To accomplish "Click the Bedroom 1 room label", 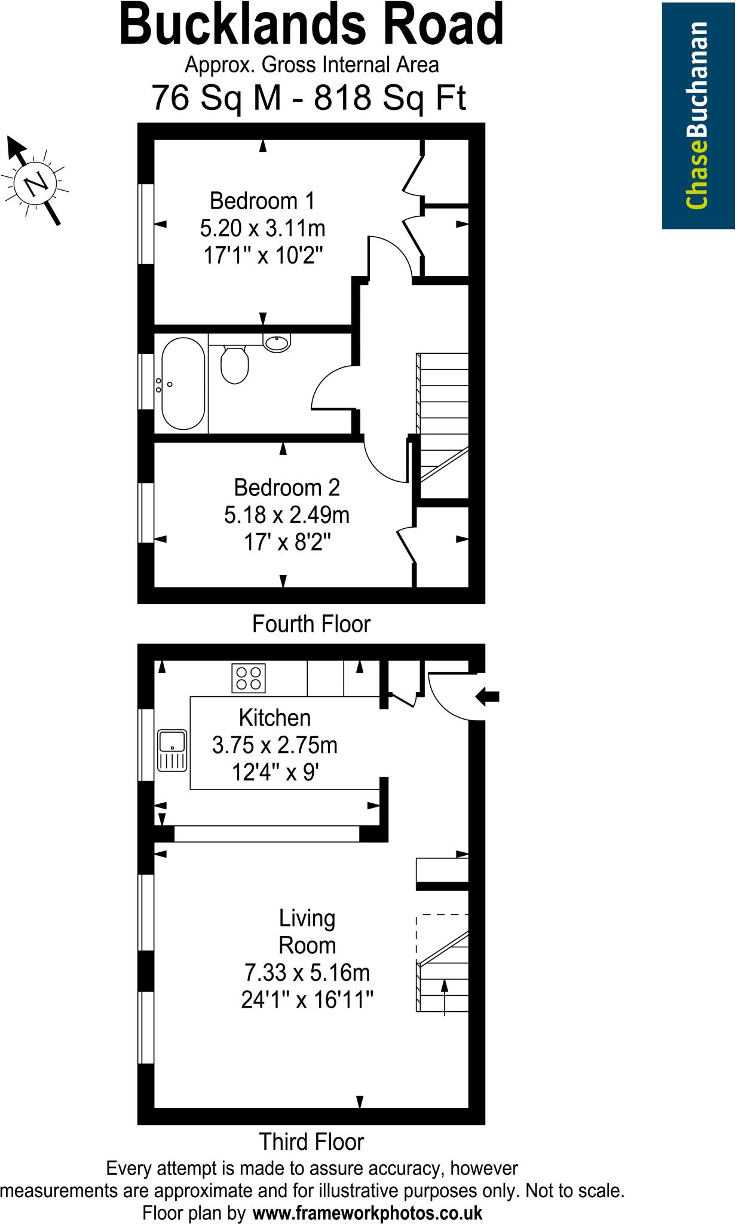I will (262, 201).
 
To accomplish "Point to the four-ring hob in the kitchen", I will (249, 678).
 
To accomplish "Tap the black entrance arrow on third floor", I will (488, 696).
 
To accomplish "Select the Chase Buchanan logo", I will (698, 115).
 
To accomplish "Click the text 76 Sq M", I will (216, 97).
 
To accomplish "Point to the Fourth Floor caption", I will (311, 624).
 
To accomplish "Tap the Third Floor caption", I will (311, 1142).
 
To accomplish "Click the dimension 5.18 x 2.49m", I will (287, 515).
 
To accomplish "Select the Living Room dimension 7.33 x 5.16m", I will (307, 973).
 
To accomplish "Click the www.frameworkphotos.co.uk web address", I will (368, 1213).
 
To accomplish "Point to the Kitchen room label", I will (274, 717).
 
